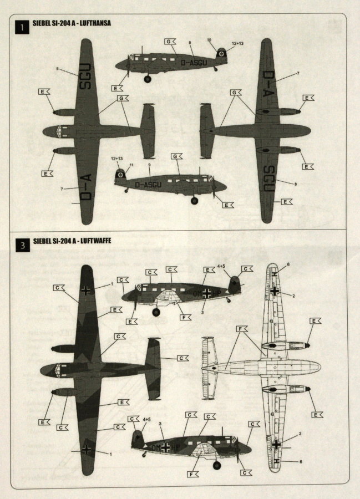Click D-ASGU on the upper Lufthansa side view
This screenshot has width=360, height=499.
[194, 63]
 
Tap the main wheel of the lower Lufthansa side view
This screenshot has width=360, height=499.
[194, 200]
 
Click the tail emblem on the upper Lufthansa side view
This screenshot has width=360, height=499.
[222, 54]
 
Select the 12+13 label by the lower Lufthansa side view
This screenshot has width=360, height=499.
[117, 159]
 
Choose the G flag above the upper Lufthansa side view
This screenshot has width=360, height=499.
[170, 41]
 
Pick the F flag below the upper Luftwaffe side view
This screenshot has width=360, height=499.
[186, 317]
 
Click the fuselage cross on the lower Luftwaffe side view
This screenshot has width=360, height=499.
[165, 447]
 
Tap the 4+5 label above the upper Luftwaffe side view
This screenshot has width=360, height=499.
[221, 266]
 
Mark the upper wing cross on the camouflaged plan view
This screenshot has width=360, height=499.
[86, 289]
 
